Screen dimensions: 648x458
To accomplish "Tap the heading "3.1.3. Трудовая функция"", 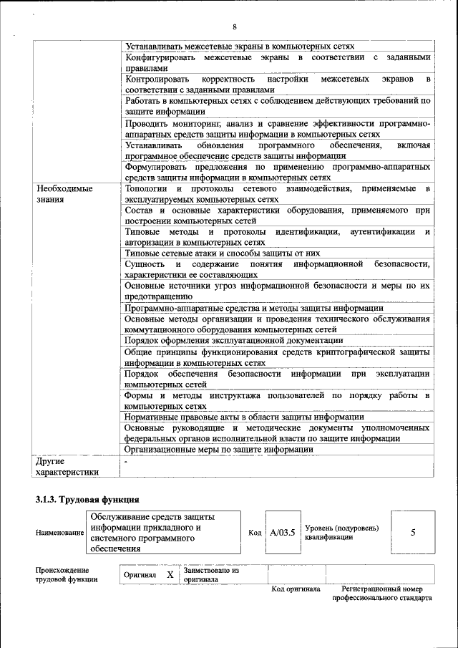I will pos(87,499).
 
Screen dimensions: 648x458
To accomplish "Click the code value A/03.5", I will pos(283,533).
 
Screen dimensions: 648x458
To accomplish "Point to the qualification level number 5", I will pos(413,533).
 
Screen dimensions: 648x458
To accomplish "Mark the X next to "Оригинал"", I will pos(170,574).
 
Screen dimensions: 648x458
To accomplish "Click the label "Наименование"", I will pos(59,533).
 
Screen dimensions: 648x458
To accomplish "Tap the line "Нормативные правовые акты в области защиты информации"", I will pos(244,417).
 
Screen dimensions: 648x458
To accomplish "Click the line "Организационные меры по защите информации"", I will pos(219,449).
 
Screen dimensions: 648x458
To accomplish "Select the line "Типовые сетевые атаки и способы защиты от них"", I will pos(222,253).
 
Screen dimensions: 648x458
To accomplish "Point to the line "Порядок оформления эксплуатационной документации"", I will pos(233,340).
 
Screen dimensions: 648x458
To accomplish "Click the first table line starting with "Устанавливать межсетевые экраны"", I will pos(240,46).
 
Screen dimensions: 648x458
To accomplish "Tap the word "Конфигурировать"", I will pos(160,57).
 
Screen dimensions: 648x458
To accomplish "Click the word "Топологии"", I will pos(145,188).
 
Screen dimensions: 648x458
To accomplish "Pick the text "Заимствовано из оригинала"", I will pos(211,574).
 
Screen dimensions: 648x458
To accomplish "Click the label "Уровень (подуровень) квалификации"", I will pos(341,533).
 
